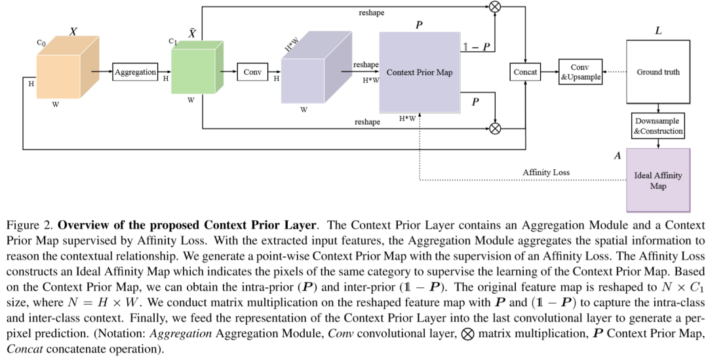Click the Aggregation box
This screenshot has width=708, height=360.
tap(136, 72)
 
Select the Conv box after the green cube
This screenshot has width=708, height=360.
tap(252, 72)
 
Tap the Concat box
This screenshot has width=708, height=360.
tap(525, 72)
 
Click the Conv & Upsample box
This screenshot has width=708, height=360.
tap(580, 72)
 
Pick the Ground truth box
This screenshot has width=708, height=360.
tap(658, 72)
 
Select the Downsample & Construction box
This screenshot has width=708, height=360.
tap(658, 126)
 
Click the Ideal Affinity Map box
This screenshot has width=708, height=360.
tap(658, 180)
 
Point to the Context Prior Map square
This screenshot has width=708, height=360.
tap(420, 72)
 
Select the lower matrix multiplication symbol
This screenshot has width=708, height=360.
tap(496, 129)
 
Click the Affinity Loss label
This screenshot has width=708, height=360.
tap(546, 172)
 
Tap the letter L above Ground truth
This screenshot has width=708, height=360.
tap(658, 31)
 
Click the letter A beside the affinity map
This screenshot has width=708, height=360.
tap(617, 157)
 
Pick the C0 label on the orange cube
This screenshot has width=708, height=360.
tap(41, 43)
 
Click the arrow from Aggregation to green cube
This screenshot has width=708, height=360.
tap(165, 72)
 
